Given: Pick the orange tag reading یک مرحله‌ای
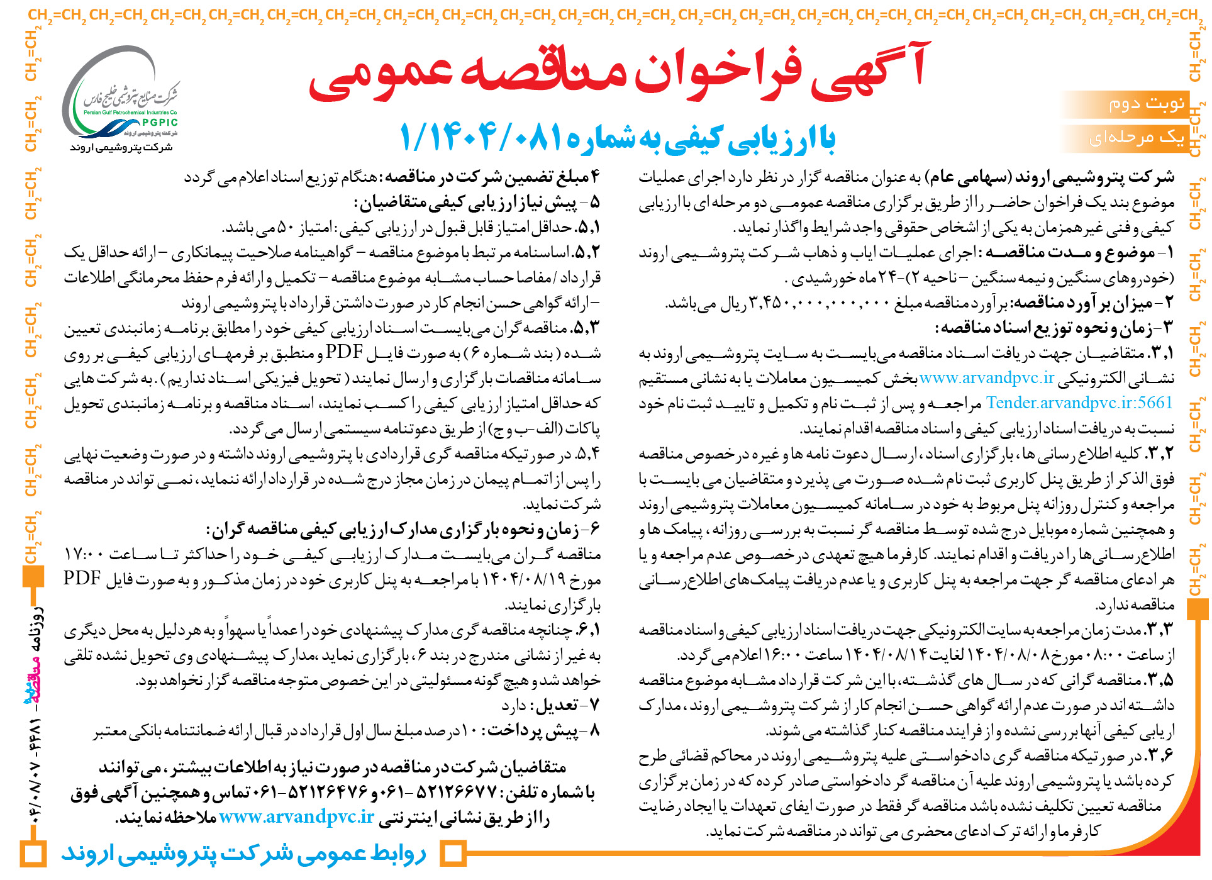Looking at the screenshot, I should (x=1137, y=138).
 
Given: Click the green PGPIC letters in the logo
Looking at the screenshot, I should (x=159, y=123).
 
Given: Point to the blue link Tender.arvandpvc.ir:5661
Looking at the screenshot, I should (x=1079, y=403).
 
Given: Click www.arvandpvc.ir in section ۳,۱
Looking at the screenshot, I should (x=986, y=377).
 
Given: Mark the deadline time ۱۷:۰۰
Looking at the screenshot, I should (x=84, y=554).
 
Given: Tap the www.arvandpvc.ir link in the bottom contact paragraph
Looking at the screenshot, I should (x=297, y=817).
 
